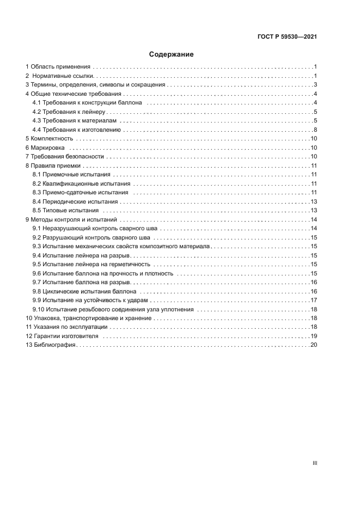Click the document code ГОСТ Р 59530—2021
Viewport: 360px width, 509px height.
tap(287, 37)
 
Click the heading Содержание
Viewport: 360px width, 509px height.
tap(172, 54)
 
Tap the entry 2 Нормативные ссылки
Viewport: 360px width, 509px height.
tap(63, 76)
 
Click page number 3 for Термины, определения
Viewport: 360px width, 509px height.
tap(315, 85)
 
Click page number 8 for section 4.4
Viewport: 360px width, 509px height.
tap(315, 130)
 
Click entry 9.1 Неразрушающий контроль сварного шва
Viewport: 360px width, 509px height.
tap(95, 228)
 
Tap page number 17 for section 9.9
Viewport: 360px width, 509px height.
tap(314, 300)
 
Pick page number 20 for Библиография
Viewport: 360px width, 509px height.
tap(314, 345)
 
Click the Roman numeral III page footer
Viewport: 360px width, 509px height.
tap(315, 463)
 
